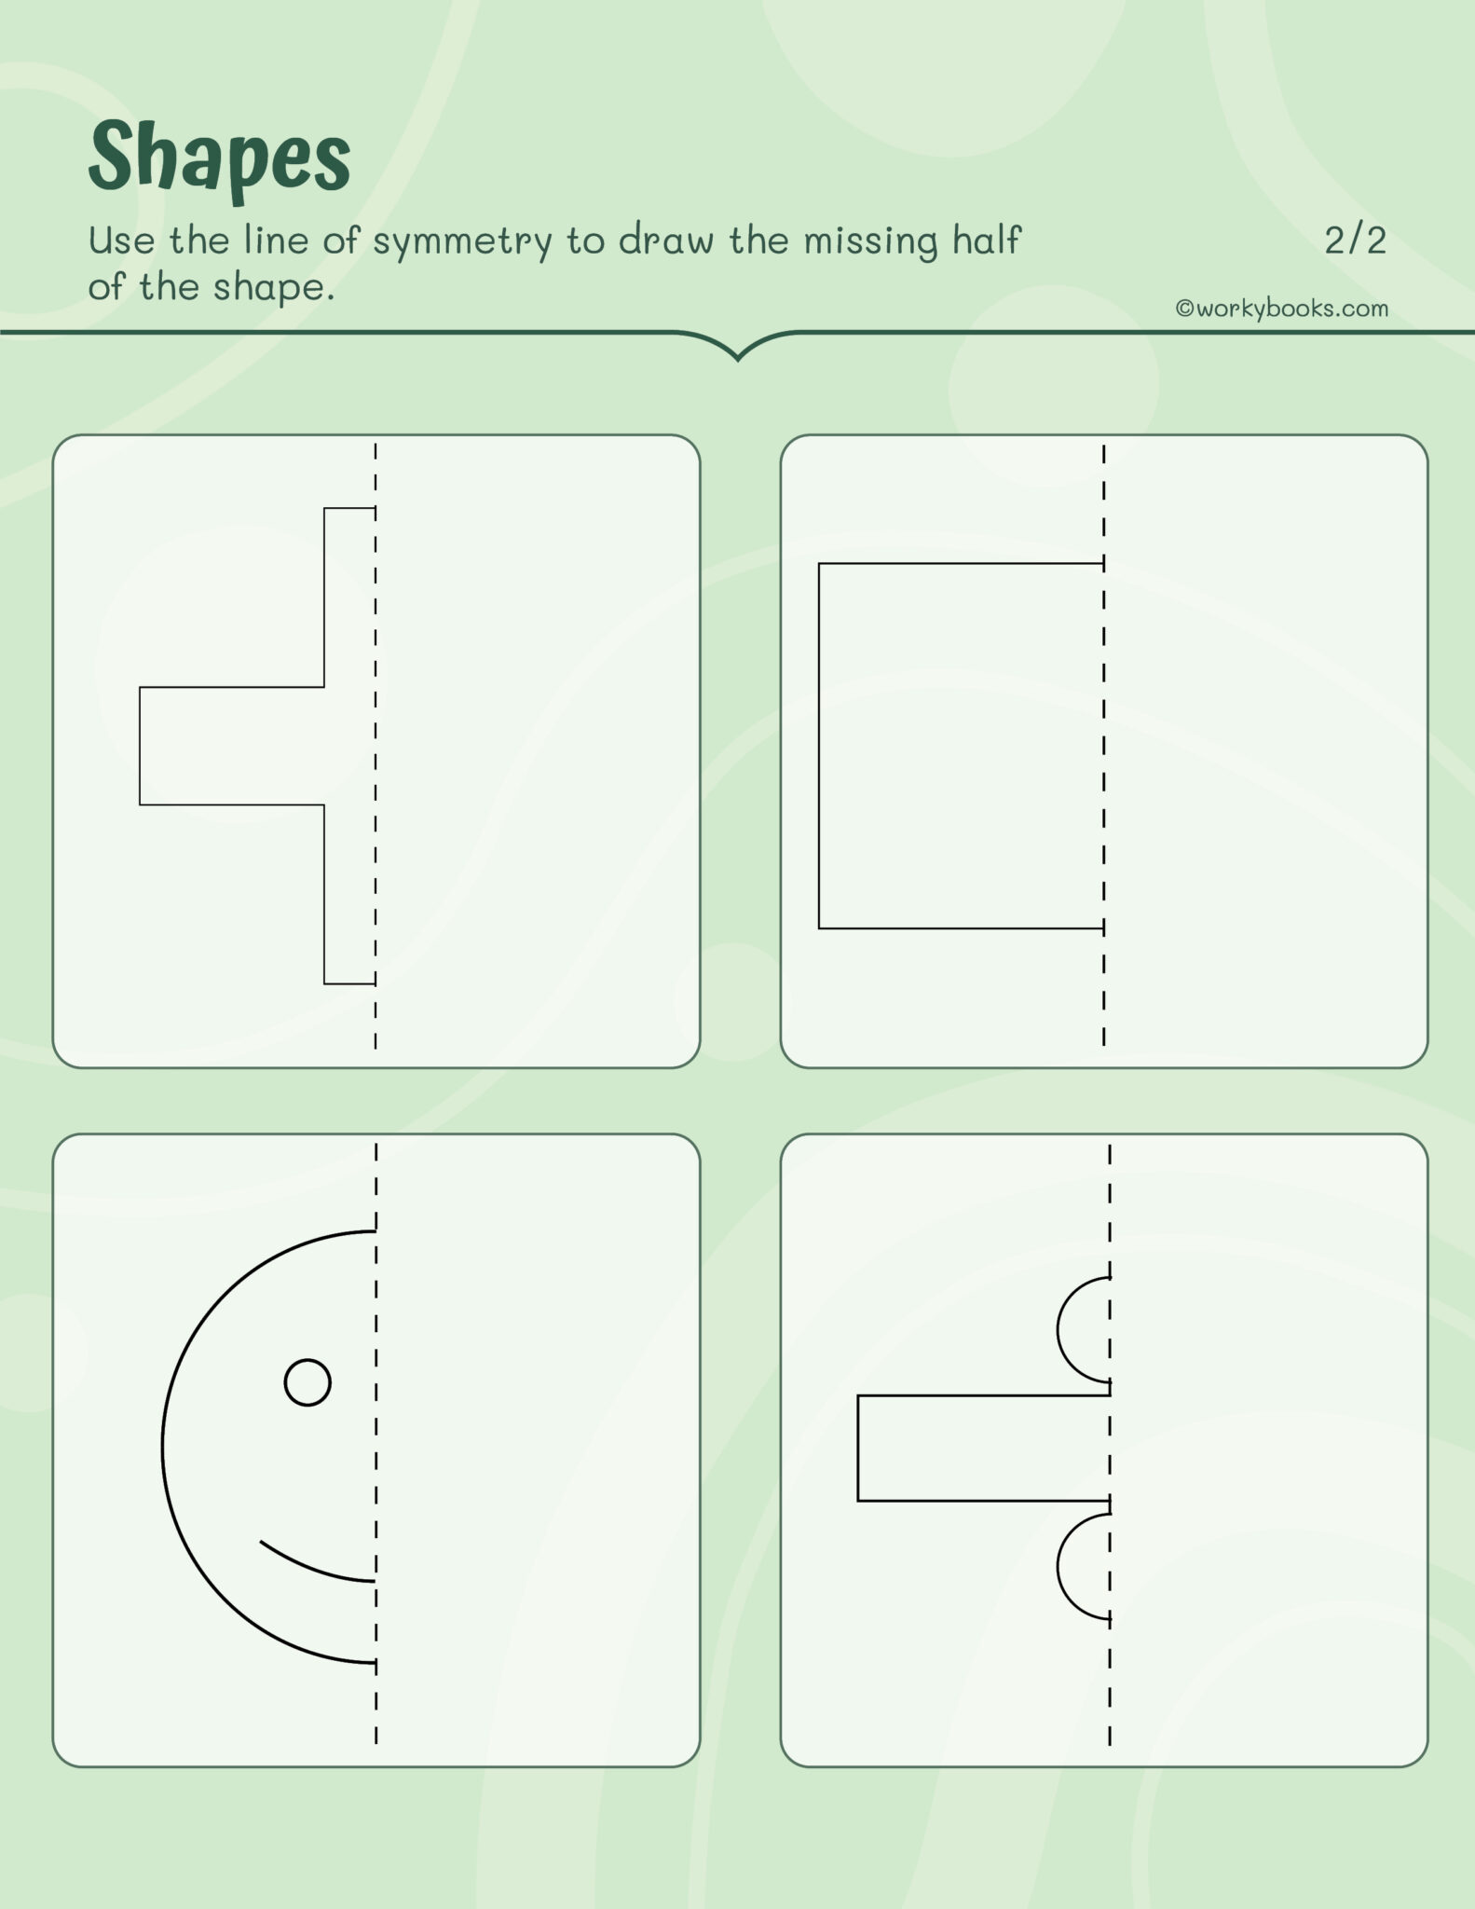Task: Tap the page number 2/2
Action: (1355, 240)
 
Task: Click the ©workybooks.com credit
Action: (1281, 309)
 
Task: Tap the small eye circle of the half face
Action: (307, 1382)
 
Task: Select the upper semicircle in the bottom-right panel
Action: (1081, 1329)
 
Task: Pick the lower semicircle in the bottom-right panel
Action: (1081, 1567)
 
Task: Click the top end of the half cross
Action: (349, 509)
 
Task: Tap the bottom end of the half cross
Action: (349, 982)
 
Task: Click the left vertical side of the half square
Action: (819, 746)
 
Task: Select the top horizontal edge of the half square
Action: (960, 564)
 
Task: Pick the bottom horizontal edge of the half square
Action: (960, 928)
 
